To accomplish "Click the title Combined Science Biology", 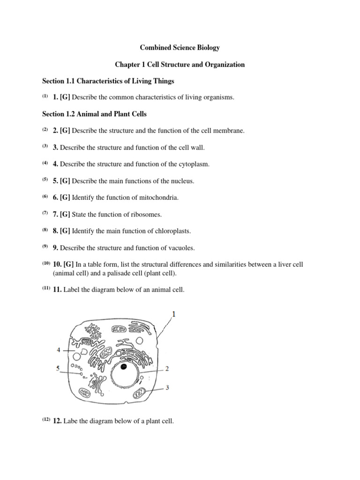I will click(180, 48).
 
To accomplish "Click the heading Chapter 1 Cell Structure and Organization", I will click(180, 64).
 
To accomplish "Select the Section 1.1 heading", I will click(108, 81).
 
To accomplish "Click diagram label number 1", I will click(174, 315).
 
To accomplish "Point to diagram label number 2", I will click(167, 369).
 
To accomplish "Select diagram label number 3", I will click(167, 388).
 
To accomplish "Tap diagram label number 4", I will click(59, 350).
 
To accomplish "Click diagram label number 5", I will click(59, 368).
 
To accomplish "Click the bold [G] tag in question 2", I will click(65, 131).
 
